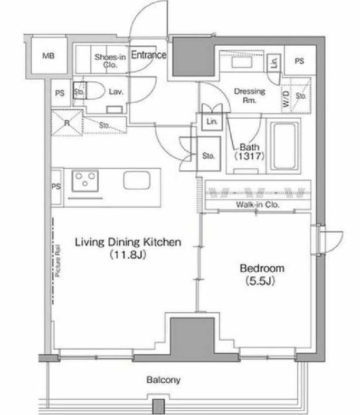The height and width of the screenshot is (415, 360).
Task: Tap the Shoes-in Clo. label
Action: [x=110, y=61]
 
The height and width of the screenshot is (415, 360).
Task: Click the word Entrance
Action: [x=148, y=55]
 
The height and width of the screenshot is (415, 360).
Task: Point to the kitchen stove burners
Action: [x=83, y=181]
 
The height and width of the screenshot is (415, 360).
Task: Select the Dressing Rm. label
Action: [x=249, y=95]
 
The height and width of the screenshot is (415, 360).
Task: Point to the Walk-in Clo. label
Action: [x=258, y=204]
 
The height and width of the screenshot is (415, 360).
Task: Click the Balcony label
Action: [x=163, y=379]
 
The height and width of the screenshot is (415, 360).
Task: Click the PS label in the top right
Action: [x=299, y=61]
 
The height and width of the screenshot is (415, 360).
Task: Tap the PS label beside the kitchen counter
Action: [x=56, y=187]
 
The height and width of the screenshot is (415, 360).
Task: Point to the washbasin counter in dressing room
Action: [x=241, y=62]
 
